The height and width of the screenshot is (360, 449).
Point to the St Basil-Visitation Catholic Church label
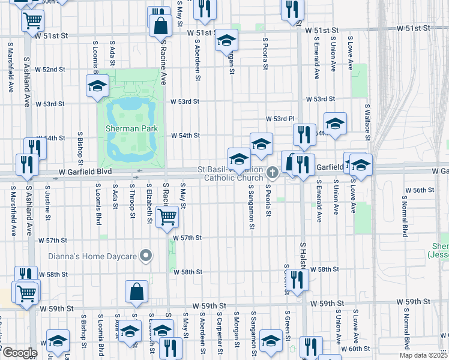[234, 173]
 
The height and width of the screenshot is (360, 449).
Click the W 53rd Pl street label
[281, 119]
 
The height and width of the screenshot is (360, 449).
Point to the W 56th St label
[420, 190]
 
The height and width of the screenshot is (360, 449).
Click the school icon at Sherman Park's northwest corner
[97, 86]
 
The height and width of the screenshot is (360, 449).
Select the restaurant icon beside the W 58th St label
[297, 278]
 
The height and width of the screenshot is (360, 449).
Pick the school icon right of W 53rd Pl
[335, 124]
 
